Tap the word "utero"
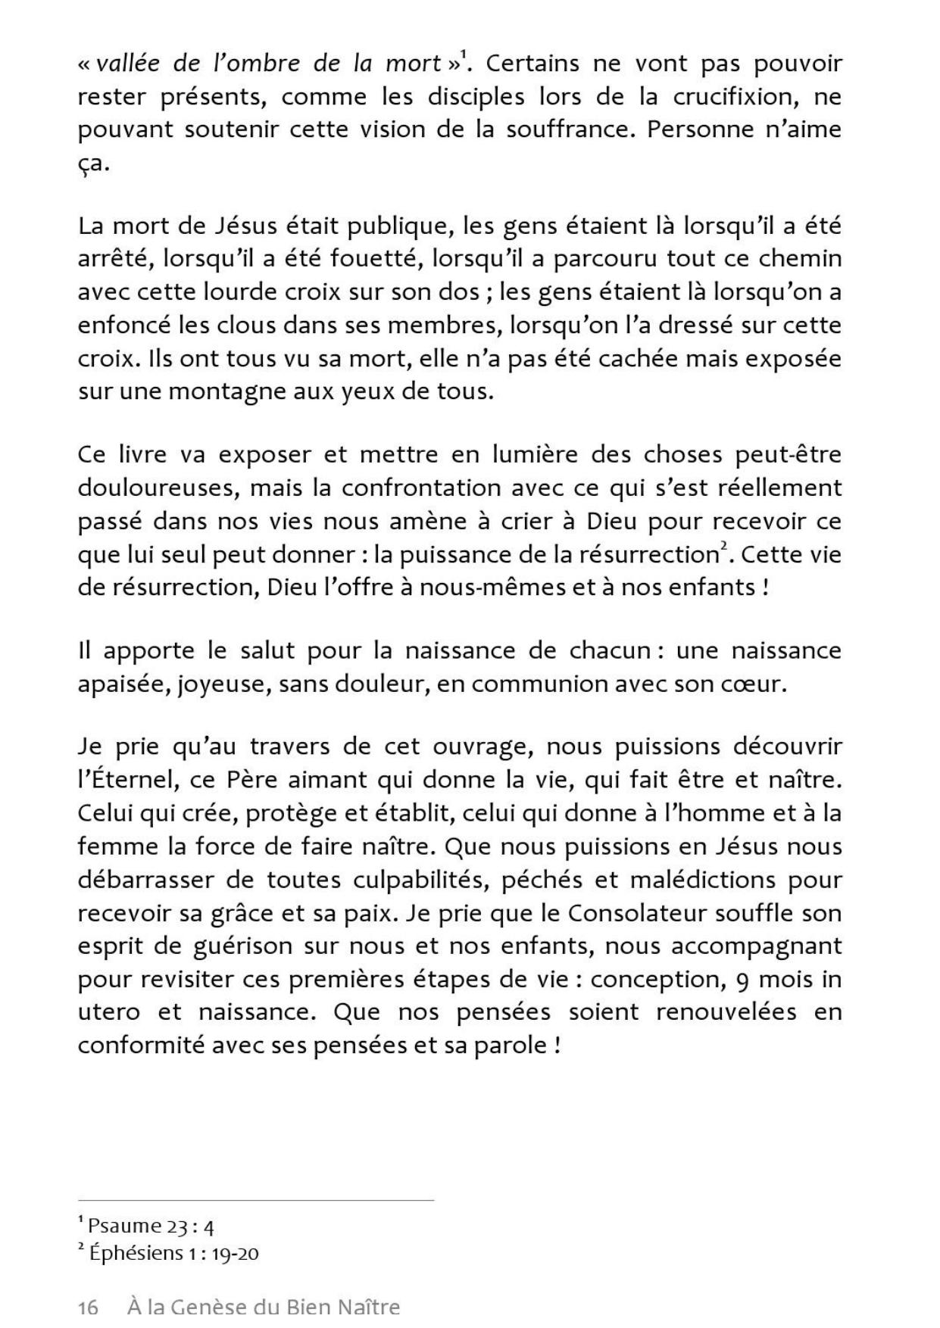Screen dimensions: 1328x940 point(108,1012)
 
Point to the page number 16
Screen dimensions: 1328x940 point(88,1308)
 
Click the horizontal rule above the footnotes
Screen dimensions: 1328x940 point(256,1200)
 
